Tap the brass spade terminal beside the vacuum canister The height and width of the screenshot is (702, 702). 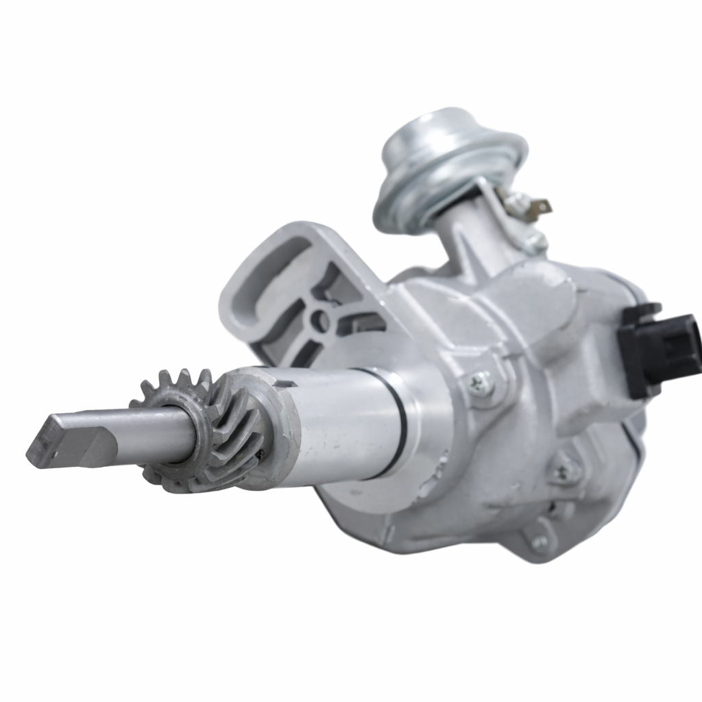pos(539,205)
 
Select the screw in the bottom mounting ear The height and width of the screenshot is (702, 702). pos(541,542)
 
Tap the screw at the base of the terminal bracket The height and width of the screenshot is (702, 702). pos(535,241)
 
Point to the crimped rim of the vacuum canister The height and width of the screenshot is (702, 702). pos(411,206)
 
